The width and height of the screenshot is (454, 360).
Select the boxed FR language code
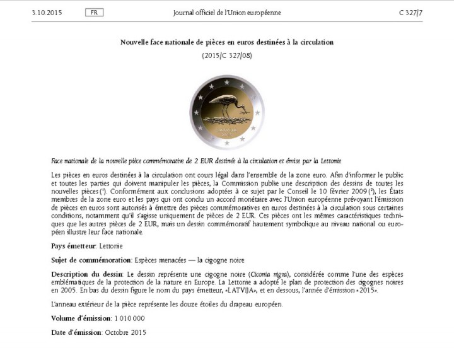click(93, 13)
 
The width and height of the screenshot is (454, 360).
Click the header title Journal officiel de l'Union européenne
click(227, 13)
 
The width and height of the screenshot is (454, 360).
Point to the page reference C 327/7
click(410, 13)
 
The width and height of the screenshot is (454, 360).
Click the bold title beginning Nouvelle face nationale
click(227, 42)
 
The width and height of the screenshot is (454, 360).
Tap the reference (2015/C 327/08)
click(227, 55)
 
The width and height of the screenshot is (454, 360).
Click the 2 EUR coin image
click(226, 112)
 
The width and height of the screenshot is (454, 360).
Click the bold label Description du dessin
click(88, 274)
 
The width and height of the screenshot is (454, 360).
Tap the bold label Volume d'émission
click(80, 318)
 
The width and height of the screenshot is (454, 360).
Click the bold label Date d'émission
click(76, 332)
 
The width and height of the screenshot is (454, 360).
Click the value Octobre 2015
click(125, 332)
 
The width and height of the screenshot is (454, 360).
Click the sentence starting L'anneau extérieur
click(167, 305)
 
